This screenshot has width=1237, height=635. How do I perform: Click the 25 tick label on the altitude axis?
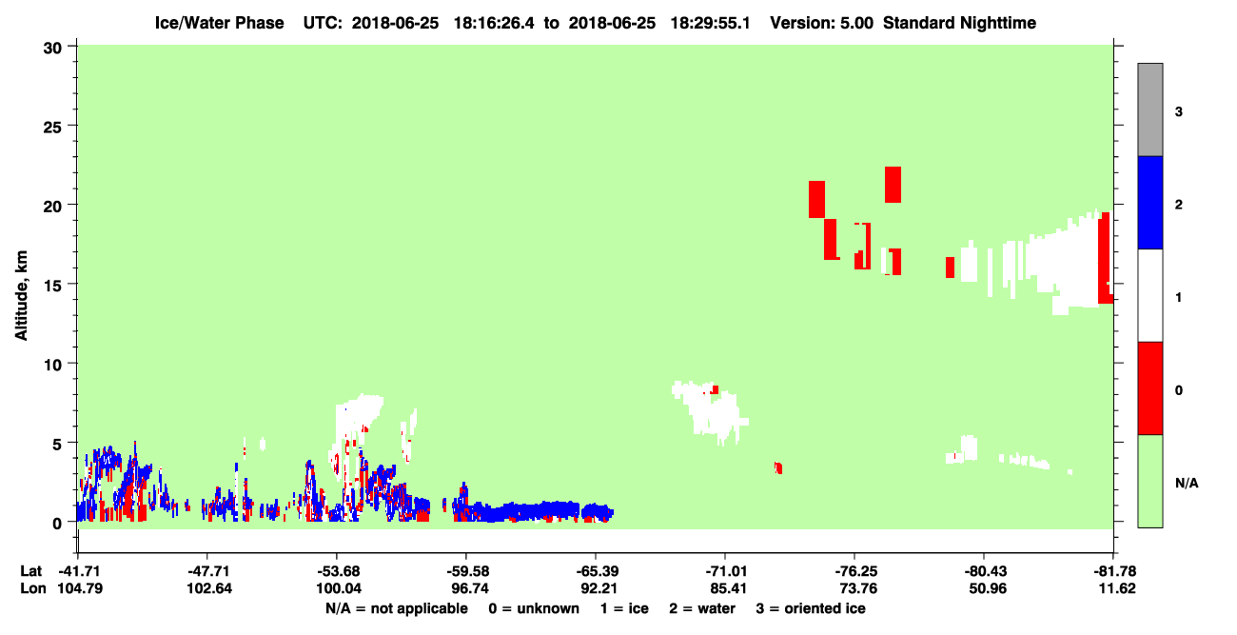coord(52,128)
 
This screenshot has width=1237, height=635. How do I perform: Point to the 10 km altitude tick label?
coord(52,365)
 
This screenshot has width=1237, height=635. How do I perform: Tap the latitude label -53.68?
coord(338,571)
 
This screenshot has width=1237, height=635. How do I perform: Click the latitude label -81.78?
coord(1113,571)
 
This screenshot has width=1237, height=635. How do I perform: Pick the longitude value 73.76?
coord(857,588)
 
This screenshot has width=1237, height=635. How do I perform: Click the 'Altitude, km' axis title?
coord(21,295)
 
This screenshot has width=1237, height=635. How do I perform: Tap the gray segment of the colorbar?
coord(1149,109)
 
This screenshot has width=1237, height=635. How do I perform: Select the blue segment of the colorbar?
coord(1149,202)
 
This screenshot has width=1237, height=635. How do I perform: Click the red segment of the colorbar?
coord(1149,388)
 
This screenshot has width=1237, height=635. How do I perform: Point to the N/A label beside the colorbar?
coord(1187,483)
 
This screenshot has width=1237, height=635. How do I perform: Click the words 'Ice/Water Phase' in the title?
coord(219,23)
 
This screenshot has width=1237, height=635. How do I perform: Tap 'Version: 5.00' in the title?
coord(822,23)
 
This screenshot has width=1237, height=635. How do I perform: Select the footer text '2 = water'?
coord(702,608)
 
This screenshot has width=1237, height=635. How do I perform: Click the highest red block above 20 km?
coord(893,185)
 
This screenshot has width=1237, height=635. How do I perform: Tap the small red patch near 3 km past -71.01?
coord(778,468)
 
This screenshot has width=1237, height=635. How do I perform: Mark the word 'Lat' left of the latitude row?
coord(30,571)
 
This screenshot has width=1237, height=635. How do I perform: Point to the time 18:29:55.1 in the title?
coord(710,23)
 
